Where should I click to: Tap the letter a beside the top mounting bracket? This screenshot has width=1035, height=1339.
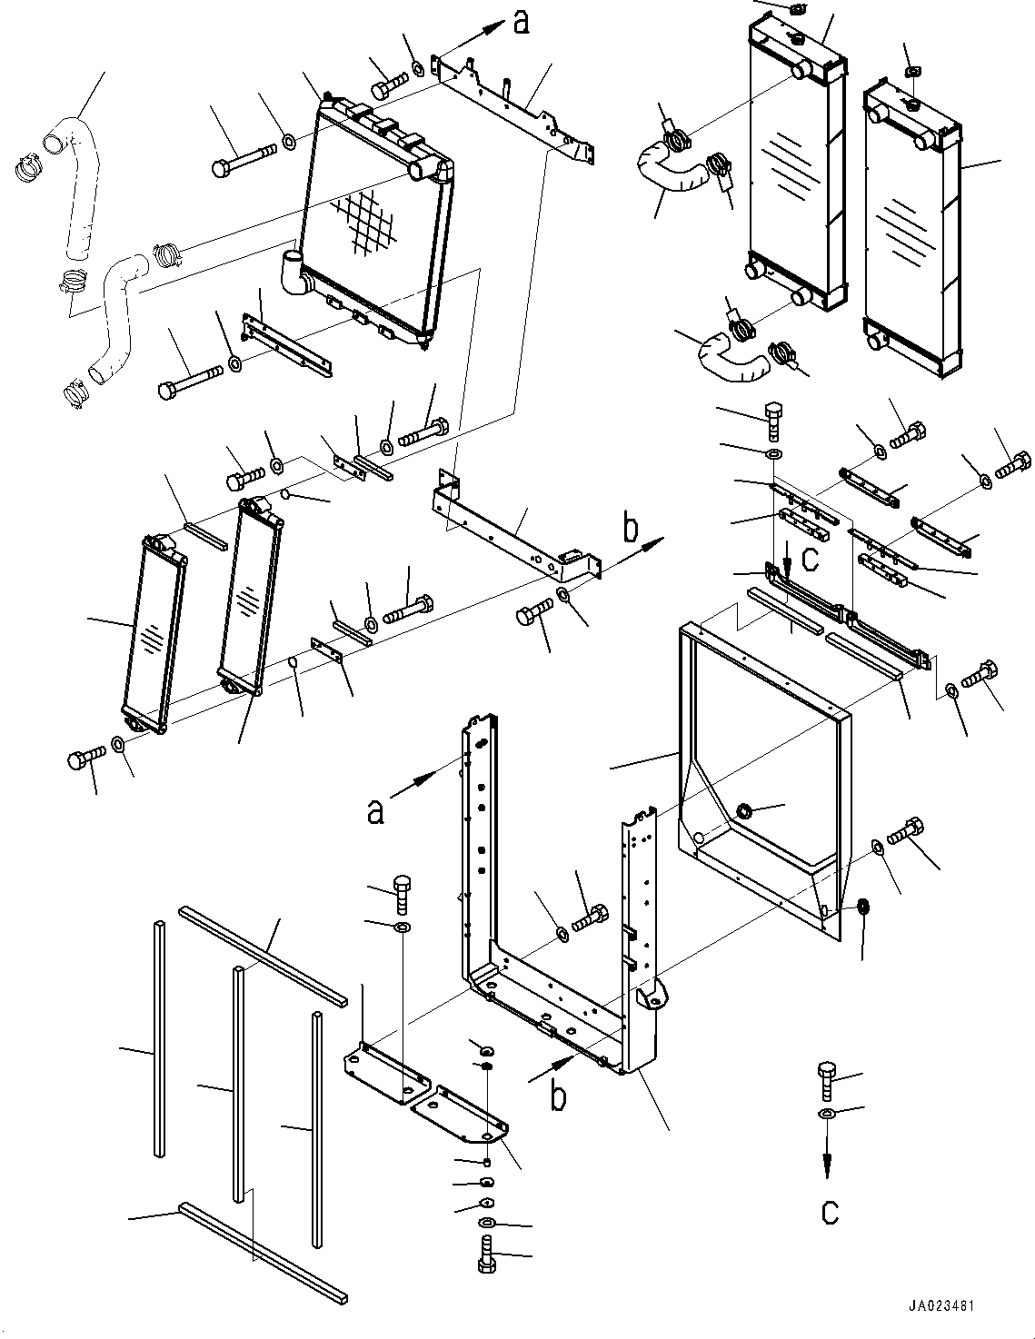520,22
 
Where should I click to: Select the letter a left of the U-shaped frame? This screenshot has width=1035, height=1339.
375,809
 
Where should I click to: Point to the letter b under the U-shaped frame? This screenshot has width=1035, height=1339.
559,1096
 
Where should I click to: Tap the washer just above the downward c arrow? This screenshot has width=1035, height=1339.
827,1114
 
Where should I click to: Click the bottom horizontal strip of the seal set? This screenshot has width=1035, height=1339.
264,1248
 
